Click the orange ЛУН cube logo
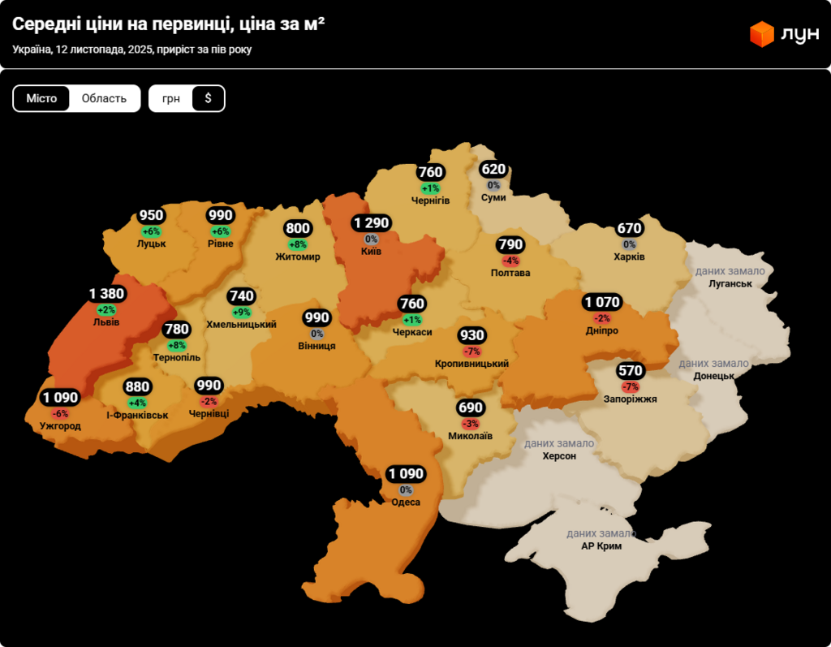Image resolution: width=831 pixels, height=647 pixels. click(762, 34)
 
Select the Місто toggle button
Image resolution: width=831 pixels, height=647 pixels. click(41, 98)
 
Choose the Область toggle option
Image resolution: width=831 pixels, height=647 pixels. click(104, 98)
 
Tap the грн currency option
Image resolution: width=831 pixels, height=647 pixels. click(171, 98)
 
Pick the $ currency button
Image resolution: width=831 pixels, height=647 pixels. click(208, 98)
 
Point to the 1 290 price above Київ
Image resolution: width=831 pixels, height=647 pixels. click(372, 223)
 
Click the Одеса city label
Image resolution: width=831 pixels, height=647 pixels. click(406, 503)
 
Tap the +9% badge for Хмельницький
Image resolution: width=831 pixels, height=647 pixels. click(242, 312)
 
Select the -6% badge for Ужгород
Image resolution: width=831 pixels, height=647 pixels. click(60, 413)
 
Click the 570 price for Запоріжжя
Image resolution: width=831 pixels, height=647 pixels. click(630, 371)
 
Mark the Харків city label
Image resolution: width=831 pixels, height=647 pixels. click(630, 257)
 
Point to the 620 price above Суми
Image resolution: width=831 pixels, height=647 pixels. click(493, 170)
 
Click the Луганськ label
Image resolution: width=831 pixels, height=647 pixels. click(730, 284)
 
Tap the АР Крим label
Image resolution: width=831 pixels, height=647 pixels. click(601, 546)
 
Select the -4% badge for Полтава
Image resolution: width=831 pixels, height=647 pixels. click(510, 261)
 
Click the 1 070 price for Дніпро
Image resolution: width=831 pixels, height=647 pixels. click(601, 303)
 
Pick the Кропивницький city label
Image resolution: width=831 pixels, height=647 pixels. click(471, 364)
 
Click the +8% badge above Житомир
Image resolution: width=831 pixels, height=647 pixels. click(298, 244)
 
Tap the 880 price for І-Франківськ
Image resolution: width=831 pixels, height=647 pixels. click(137, 387)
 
